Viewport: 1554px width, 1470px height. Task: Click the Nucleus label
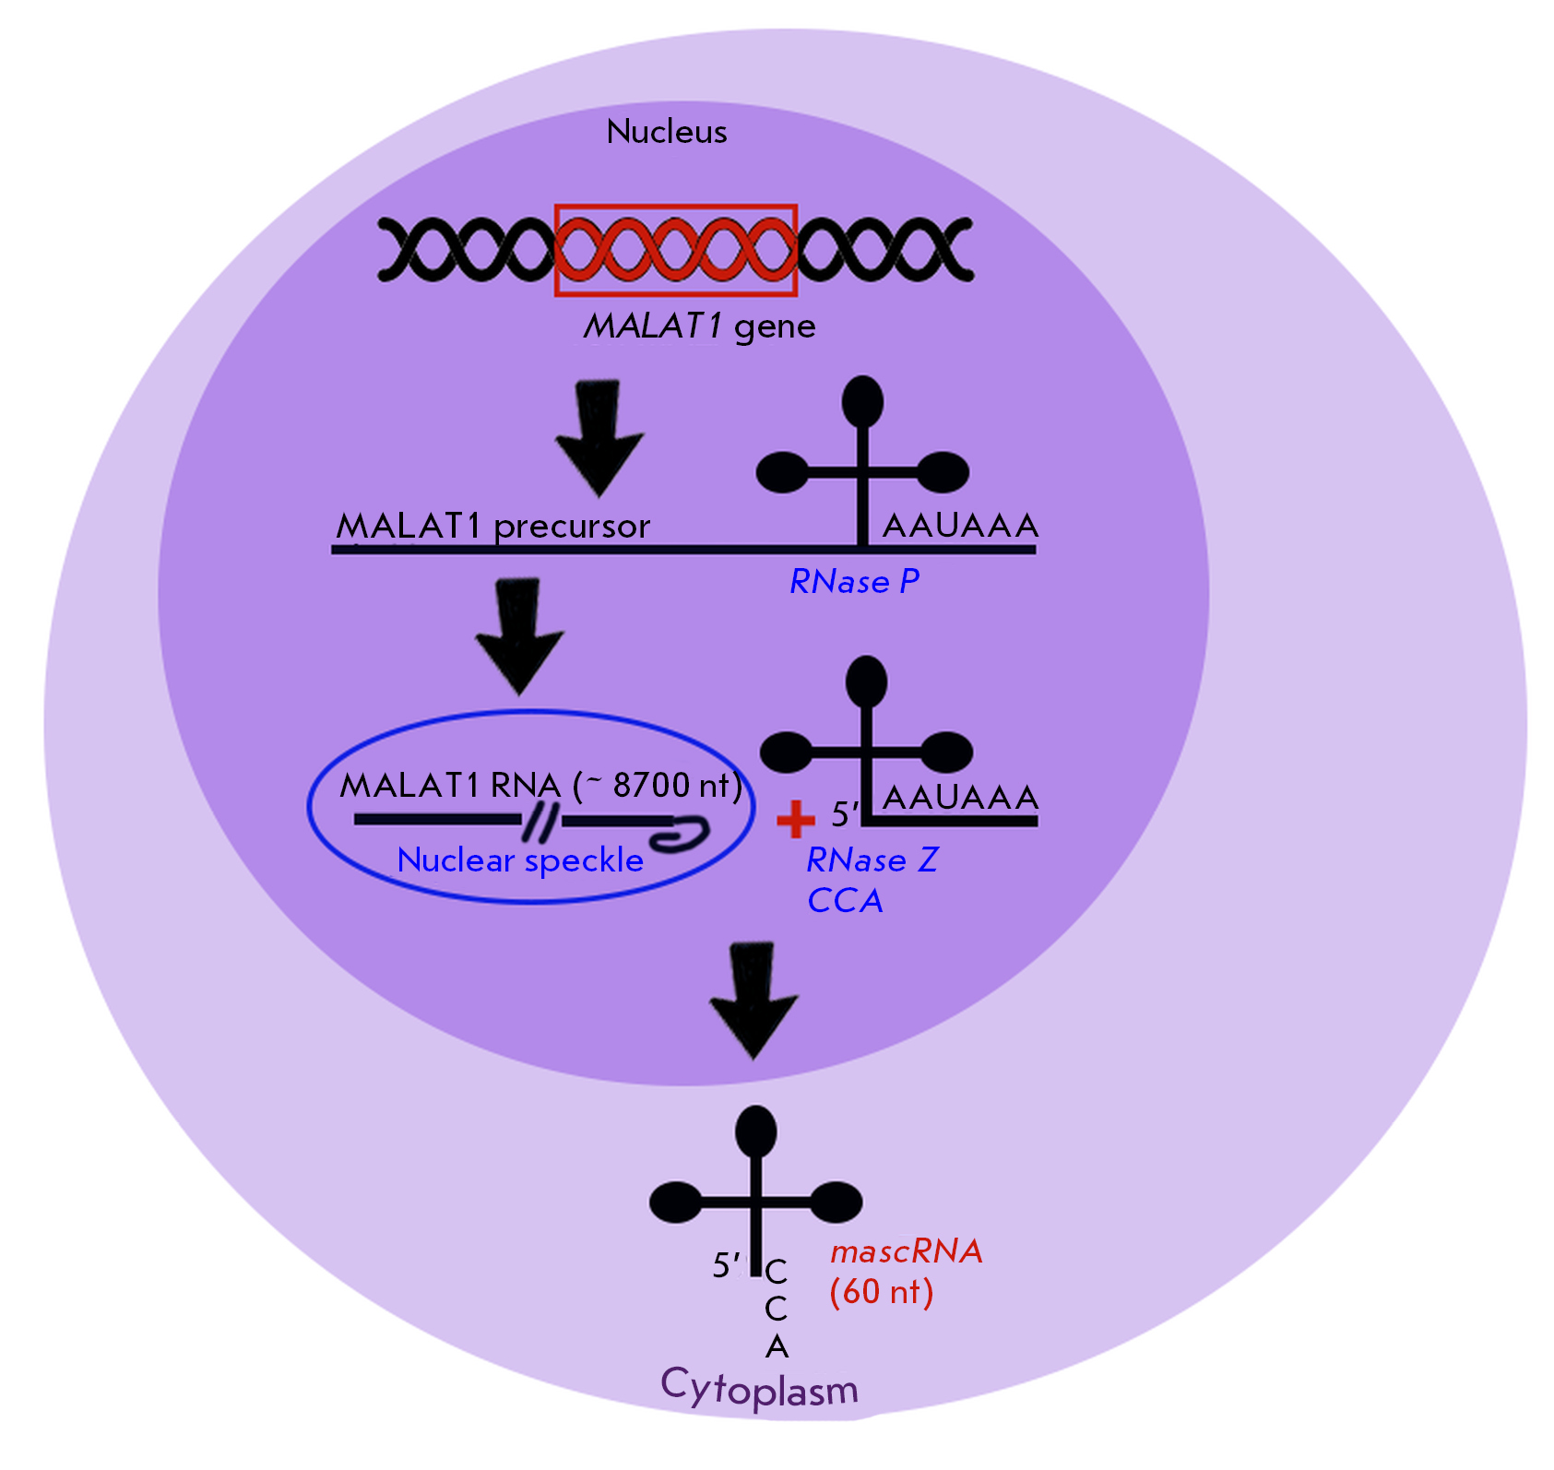[667, 132]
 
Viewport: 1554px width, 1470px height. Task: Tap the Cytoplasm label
[759, 1388]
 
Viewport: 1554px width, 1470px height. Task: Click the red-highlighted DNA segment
[675, 250]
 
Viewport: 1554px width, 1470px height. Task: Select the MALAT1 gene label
[700, 326]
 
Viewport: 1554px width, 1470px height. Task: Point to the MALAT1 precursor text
[493, 526]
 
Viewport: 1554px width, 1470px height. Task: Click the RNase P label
[855, 581]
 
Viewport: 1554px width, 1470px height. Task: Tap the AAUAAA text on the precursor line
[960, 526]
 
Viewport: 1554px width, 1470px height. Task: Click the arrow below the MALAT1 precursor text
[520, 636]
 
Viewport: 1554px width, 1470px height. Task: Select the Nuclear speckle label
[520, 860]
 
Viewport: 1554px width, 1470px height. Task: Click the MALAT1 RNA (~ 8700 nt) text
[540, 786]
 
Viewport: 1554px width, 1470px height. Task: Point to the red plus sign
[795, 819]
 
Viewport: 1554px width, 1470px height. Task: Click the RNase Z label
[872, 860]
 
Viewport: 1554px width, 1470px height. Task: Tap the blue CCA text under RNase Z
[845, 901]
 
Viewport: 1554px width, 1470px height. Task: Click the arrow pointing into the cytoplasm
[753, 1001]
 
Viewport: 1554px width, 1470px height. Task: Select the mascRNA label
[906, 1251]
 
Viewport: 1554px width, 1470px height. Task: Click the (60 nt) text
[881, 1292]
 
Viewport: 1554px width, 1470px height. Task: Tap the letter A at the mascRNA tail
[777, 1347]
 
